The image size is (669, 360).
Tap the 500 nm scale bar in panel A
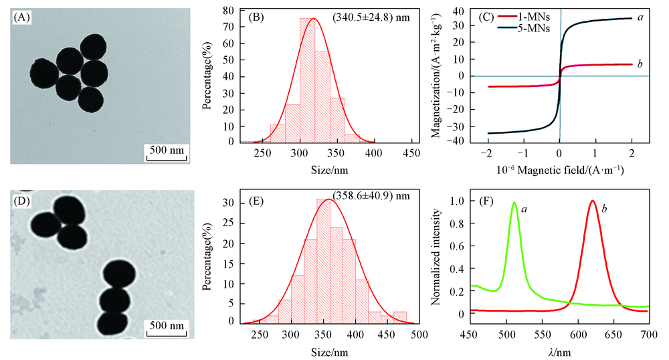pos(166,150)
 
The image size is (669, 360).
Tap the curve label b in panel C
pos(640,64)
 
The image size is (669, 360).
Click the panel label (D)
pos(22,199)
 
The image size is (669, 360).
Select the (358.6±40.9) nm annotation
pos(364,196)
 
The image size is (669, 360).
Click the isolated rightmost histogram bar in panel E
pos(400,317)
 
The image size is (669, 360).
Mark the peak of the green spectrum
pos(514,203)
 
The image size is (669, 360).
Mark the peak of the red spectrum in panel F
pos(593,201)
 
